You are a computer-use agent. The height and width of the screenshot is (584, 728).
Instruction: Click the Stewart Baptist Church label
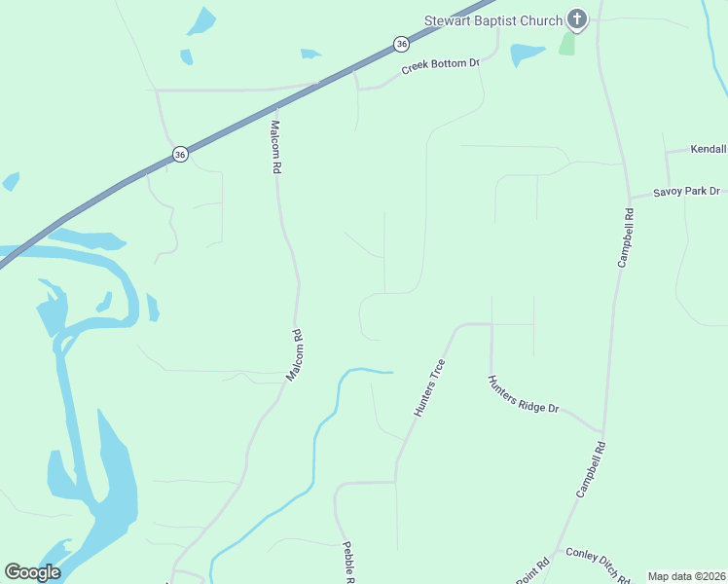pos(493,21)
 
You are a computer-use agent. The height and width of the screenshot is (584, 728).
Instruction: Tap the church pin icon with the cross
pos(577,19)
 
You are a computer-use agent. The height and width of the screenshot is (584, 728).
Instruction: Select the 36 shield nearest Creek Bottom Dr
pos(401,44)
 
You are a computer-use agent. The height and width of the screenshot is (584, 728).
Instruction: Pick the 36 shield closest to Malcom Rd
pos(180,154)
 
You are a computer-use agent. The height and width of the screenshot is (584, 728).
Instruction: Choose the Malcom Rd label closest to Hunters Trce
pos(296,355)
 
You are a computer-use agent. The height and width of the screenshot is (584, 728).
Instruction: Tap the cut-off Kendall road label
pos(709,150)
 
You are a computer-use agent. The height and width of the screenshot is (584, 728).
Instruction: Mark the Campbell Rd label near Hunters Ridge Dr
pos(591,470)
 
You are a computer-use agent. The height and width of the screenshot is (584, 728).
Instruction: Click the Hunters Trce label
pos(429,388)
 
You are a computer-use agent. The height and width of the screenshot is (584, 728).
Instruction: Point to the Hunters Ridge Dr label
pos(524,394)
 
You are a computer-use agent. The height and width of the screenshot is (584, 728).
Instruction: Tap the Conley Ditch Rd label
pos(597,564)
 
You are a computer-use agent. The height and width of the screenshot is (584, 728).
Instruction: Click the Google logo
pos(32,572)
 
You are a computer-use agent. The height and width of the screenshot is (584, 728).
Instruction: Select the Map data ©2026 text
pos(686,576)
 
